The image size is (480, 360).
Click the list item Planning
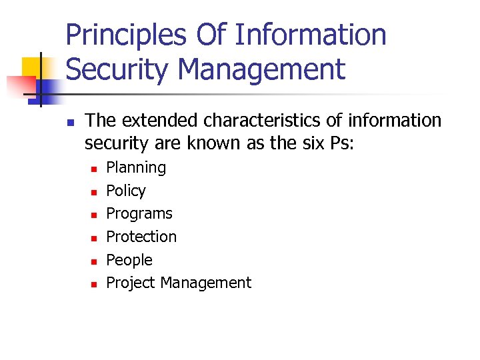pos(136,167)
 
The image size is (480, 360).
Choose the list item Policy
pos(126,191)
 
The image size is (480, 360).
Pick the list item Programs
pos(139,214)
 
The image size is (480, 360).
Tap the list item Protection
pos(141,237)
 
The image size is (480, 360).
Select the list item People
pos(129,260)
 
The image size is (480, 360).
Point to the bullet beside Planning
pos(94,169)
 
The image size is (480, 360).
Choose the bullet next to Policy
pos(94,192)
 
